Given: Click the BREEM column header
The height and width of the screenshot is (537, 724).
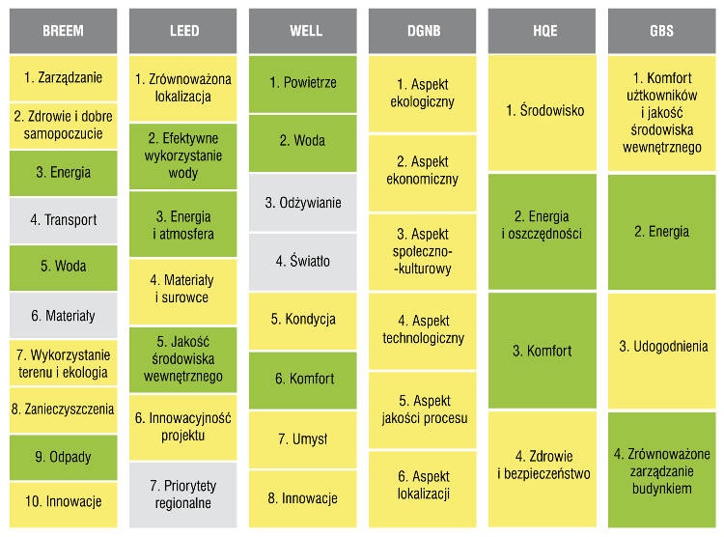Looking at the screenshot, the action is click(64, 31).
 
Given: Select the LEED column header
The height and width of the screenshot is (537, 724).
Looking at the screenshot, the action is click(182, 31).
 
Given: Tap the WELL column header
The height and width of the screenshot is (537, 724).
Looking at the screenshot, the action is click(302, 31).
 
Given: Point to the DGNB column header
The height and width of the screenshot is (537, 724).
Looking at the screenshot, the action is click(422, 31).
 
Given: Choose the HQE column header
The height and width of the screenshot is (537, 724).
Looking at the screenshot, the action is click(542, 31).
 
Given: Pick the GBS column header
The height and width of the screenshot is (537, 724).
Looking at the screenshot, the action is click(661, 31).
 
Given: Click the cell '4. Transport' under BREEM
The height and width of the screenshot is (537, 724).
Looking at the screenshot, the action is click(64, 220).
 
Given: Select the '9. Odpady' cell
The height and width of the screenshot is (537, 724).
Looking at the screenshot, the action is click(64, 457).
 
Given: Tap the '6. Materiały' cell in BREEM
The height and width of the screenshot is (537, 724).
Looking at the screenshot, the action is click(64, 315).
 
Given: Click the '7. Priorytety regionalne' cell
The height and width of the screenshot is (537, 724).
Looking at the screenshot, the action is click(182, 495).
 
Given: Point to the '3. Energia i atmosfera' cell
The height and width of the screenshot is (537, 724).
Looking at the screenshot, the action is click(182, 224).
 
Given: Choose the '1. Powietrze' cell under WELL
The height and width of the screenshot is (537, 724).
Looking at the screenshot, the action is click(302, 84).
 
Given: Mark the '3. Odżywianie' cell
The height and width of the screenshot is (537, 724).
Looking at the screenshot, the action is click(302, 202).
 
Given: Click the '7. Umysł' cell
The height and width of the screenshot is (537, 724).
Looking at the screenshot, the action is click(302, 438).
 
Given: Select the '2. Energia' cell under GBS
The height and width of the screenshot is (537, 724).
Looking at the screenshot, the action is click(661, 232).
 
